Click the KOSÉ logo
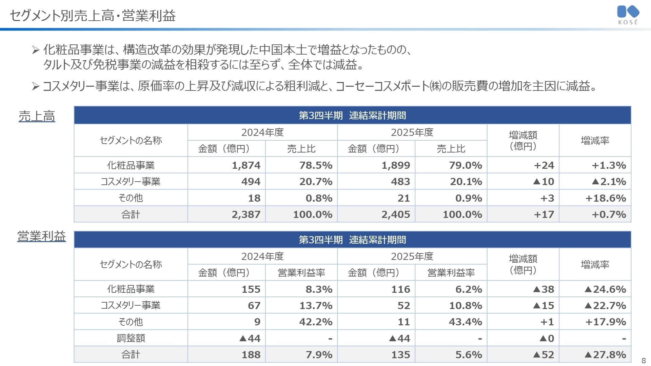click(628, 15)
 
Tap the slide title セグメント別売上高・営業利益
click(93, 16)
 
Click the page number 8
click(644, 361)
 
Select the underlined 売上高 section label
click(37, 116)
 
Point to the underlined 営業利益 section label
click(41, 236)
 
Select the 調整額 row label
click(131, 338)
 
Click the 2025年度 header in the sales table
click(412, 132)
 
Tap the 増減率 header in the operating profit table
click(595, 264)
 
